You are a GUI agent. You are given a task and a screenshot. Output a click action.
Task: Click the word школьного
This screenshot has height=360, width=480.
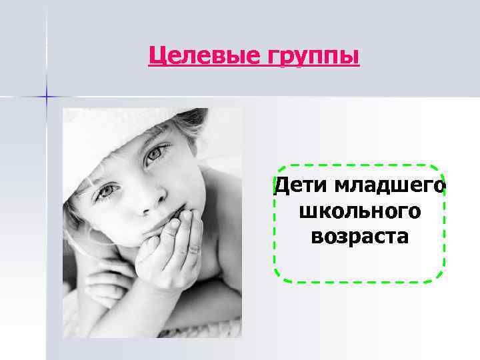tap(360, 212)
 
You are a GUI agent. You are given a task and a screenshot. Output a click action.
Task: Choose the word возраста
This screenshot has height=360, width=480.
tap(360, 236)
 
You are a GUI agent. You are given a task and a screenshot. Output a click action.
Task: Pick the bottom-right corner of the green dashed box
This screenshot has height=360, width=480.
tap(441, 278)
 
